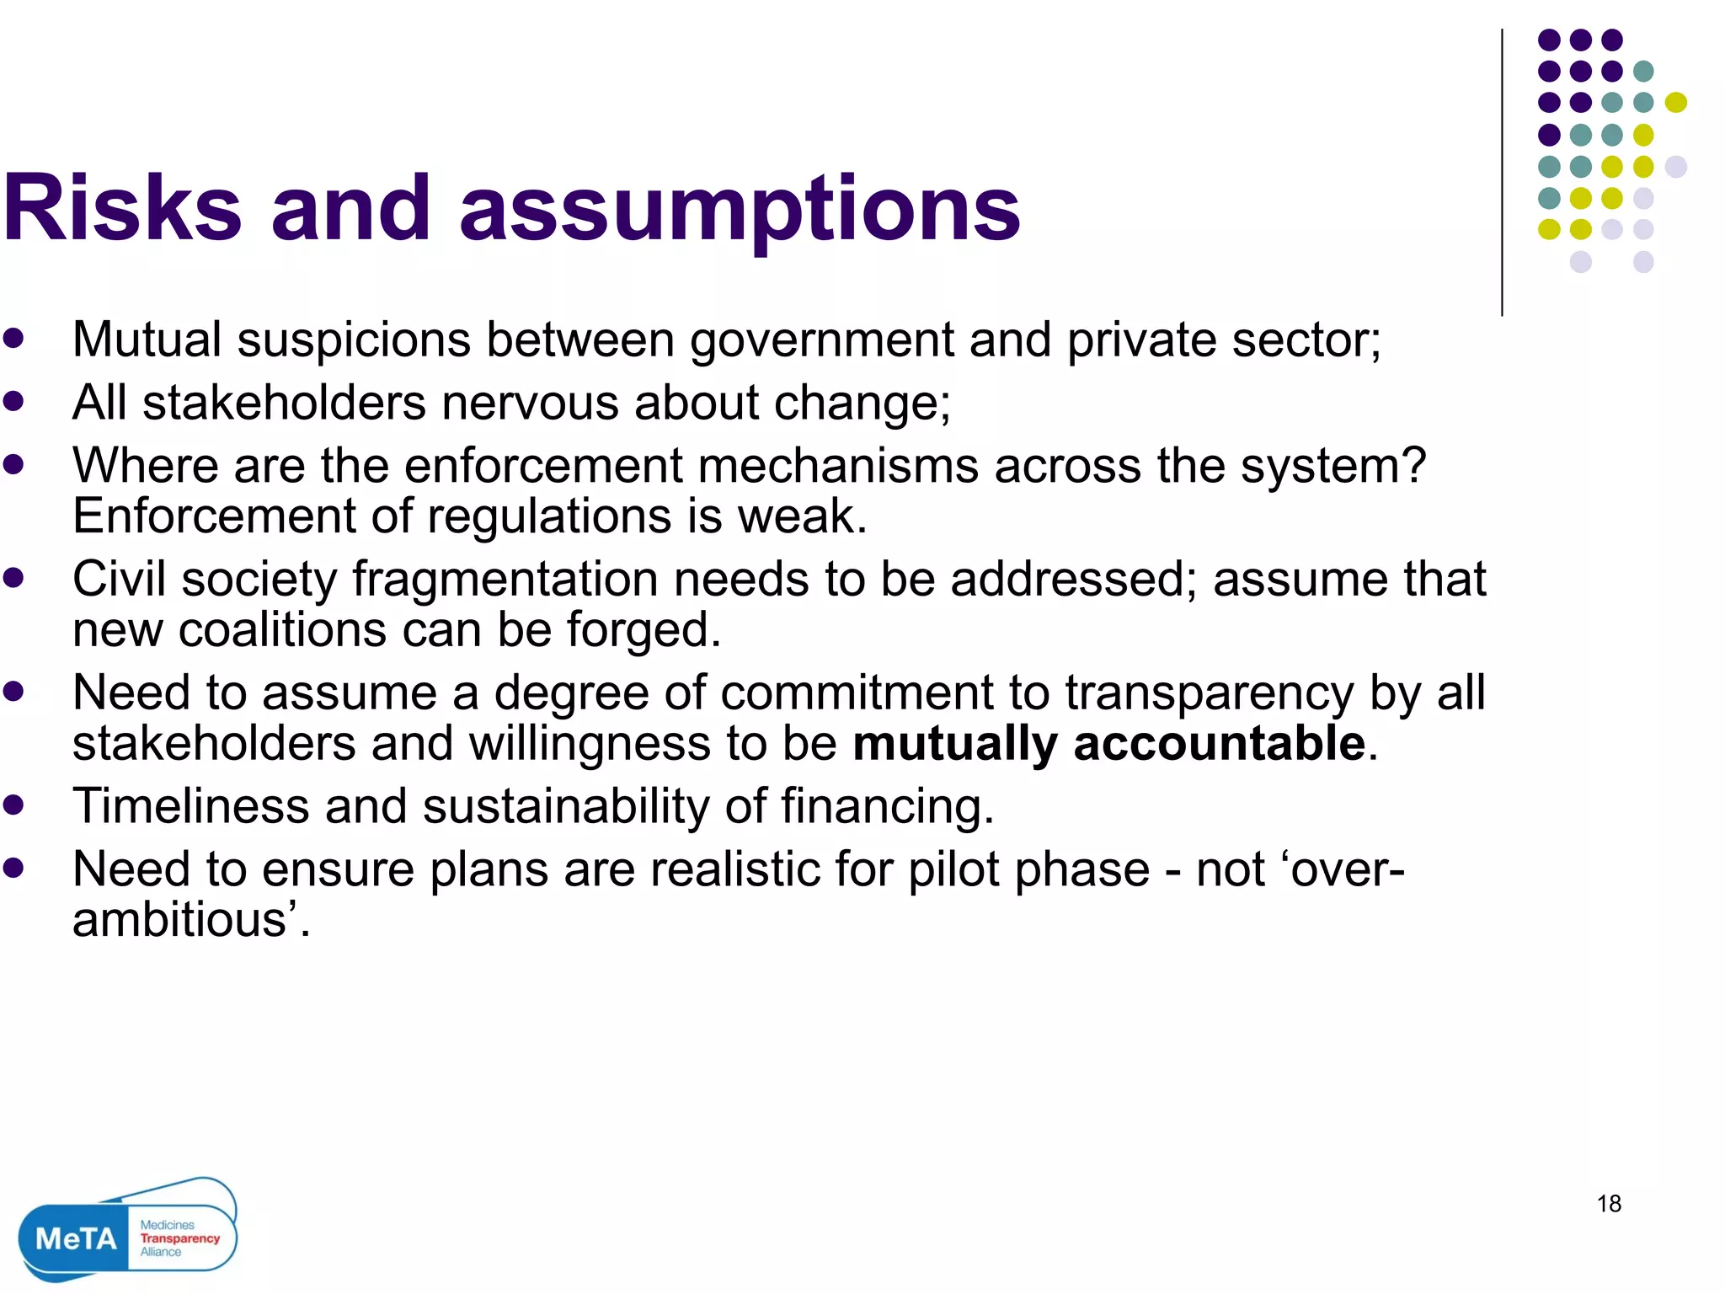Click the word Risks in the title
tap(122, 208)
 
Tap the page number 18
tap(1609, 1204)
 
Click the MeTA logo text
tap(76, 1239)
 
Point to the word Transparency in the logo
tap(179, 1238)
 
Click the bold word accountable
tap(1219, 744)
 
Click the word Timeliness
tap(191, 806)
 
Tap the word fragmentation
tap(505, 580)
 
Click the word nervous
tap(530, 403)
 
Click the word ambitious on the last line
tap(180, 920)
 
